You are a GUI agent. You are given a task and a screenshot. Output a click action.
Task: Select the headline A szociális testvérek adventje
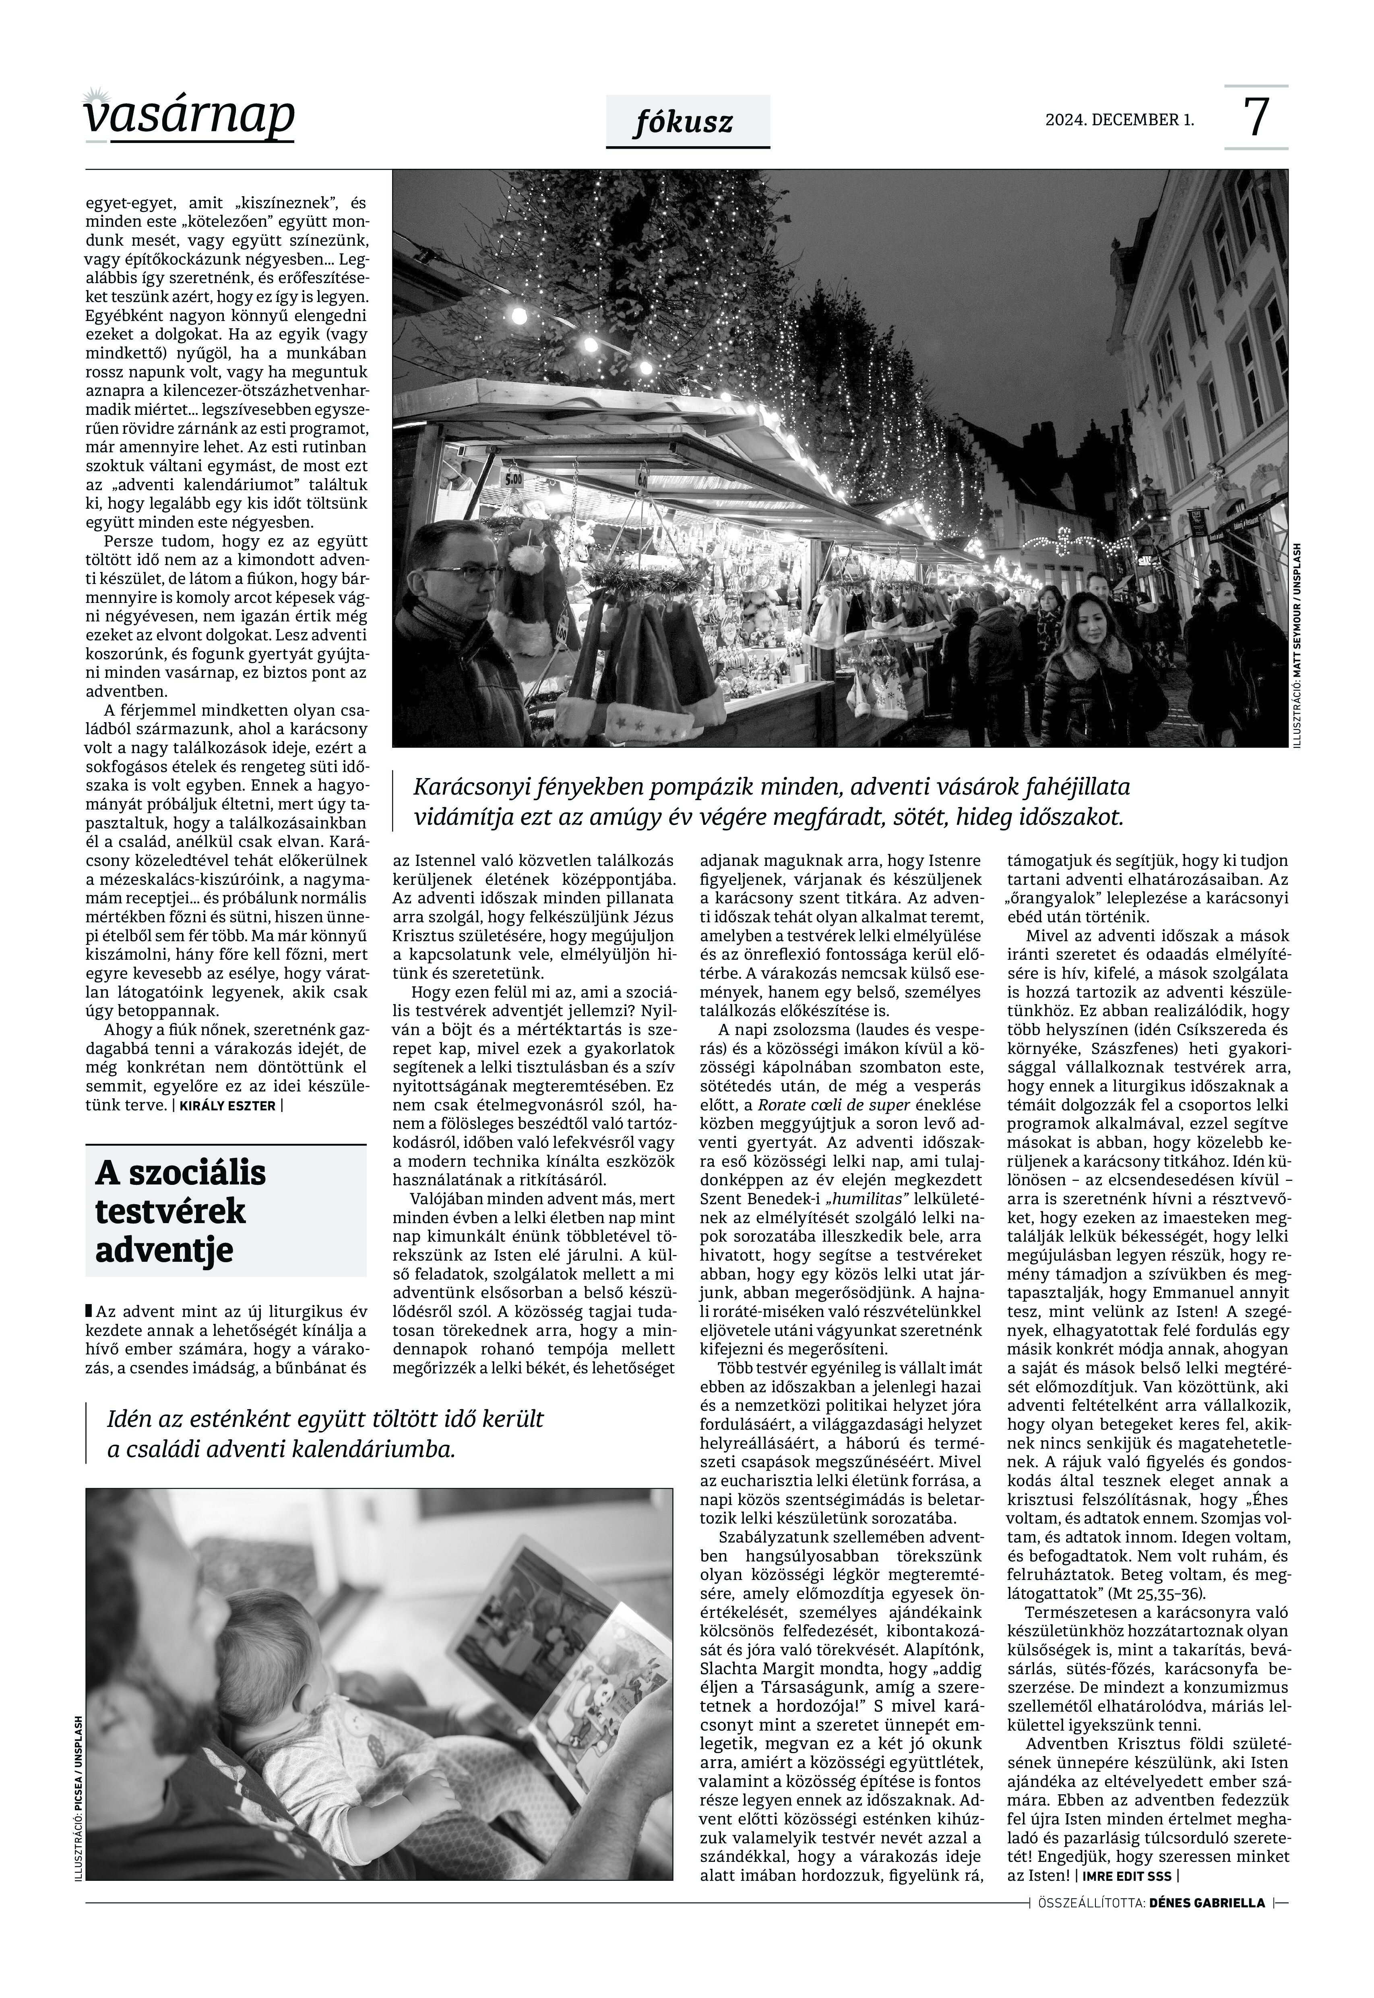(x=181, y=1210)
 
